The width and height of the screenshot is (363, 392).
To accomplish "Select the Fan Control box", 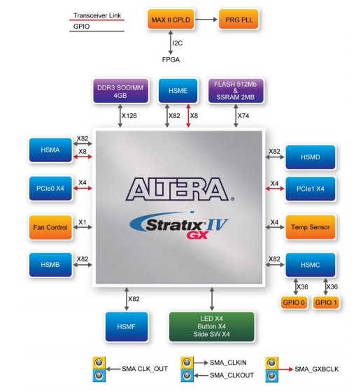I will tap(51, 227).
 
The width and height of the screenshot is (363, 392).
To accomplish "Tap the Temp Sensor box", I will tap(310, 227).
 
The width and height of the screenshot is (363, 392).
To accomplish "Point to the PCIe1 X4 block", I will tap(310, 189).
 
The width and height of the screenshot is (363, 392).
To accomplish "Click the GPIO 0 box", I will tap(294, 303).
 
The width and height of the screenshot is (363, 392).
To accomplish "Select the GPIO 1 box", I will tap(327, 303).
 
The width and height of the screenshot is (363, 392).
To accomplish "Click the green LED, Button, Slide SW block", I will tap(212, 326).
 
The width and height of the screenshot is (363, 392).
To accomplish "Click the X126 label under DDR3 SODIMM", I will tap(129, 116).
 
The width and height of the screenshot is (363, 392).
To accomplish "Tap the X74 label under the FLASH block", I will tap(244, 116).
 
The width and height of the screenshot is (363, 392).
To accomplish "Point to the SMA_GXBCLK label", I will tap(315, 368).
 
